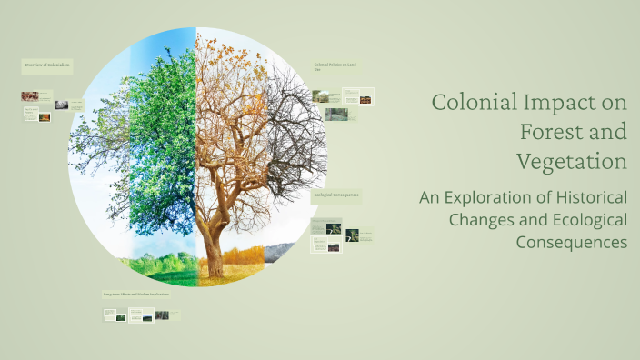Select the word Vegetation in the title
click(x=572, y=162)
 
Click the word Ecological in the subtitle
click(x=582, y=220)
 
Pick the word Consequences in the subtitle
click(x=572, y=243)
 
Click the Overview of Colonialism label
click(x=46, y=66)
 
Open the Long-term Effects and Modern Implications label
click(x=135, y=295)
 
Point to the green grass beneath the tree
click(x=164, y=268)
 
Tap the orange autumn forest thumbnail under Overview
click(x=30, y=95)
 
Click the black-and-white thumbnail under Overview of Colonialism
click(x=61, y=105)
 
